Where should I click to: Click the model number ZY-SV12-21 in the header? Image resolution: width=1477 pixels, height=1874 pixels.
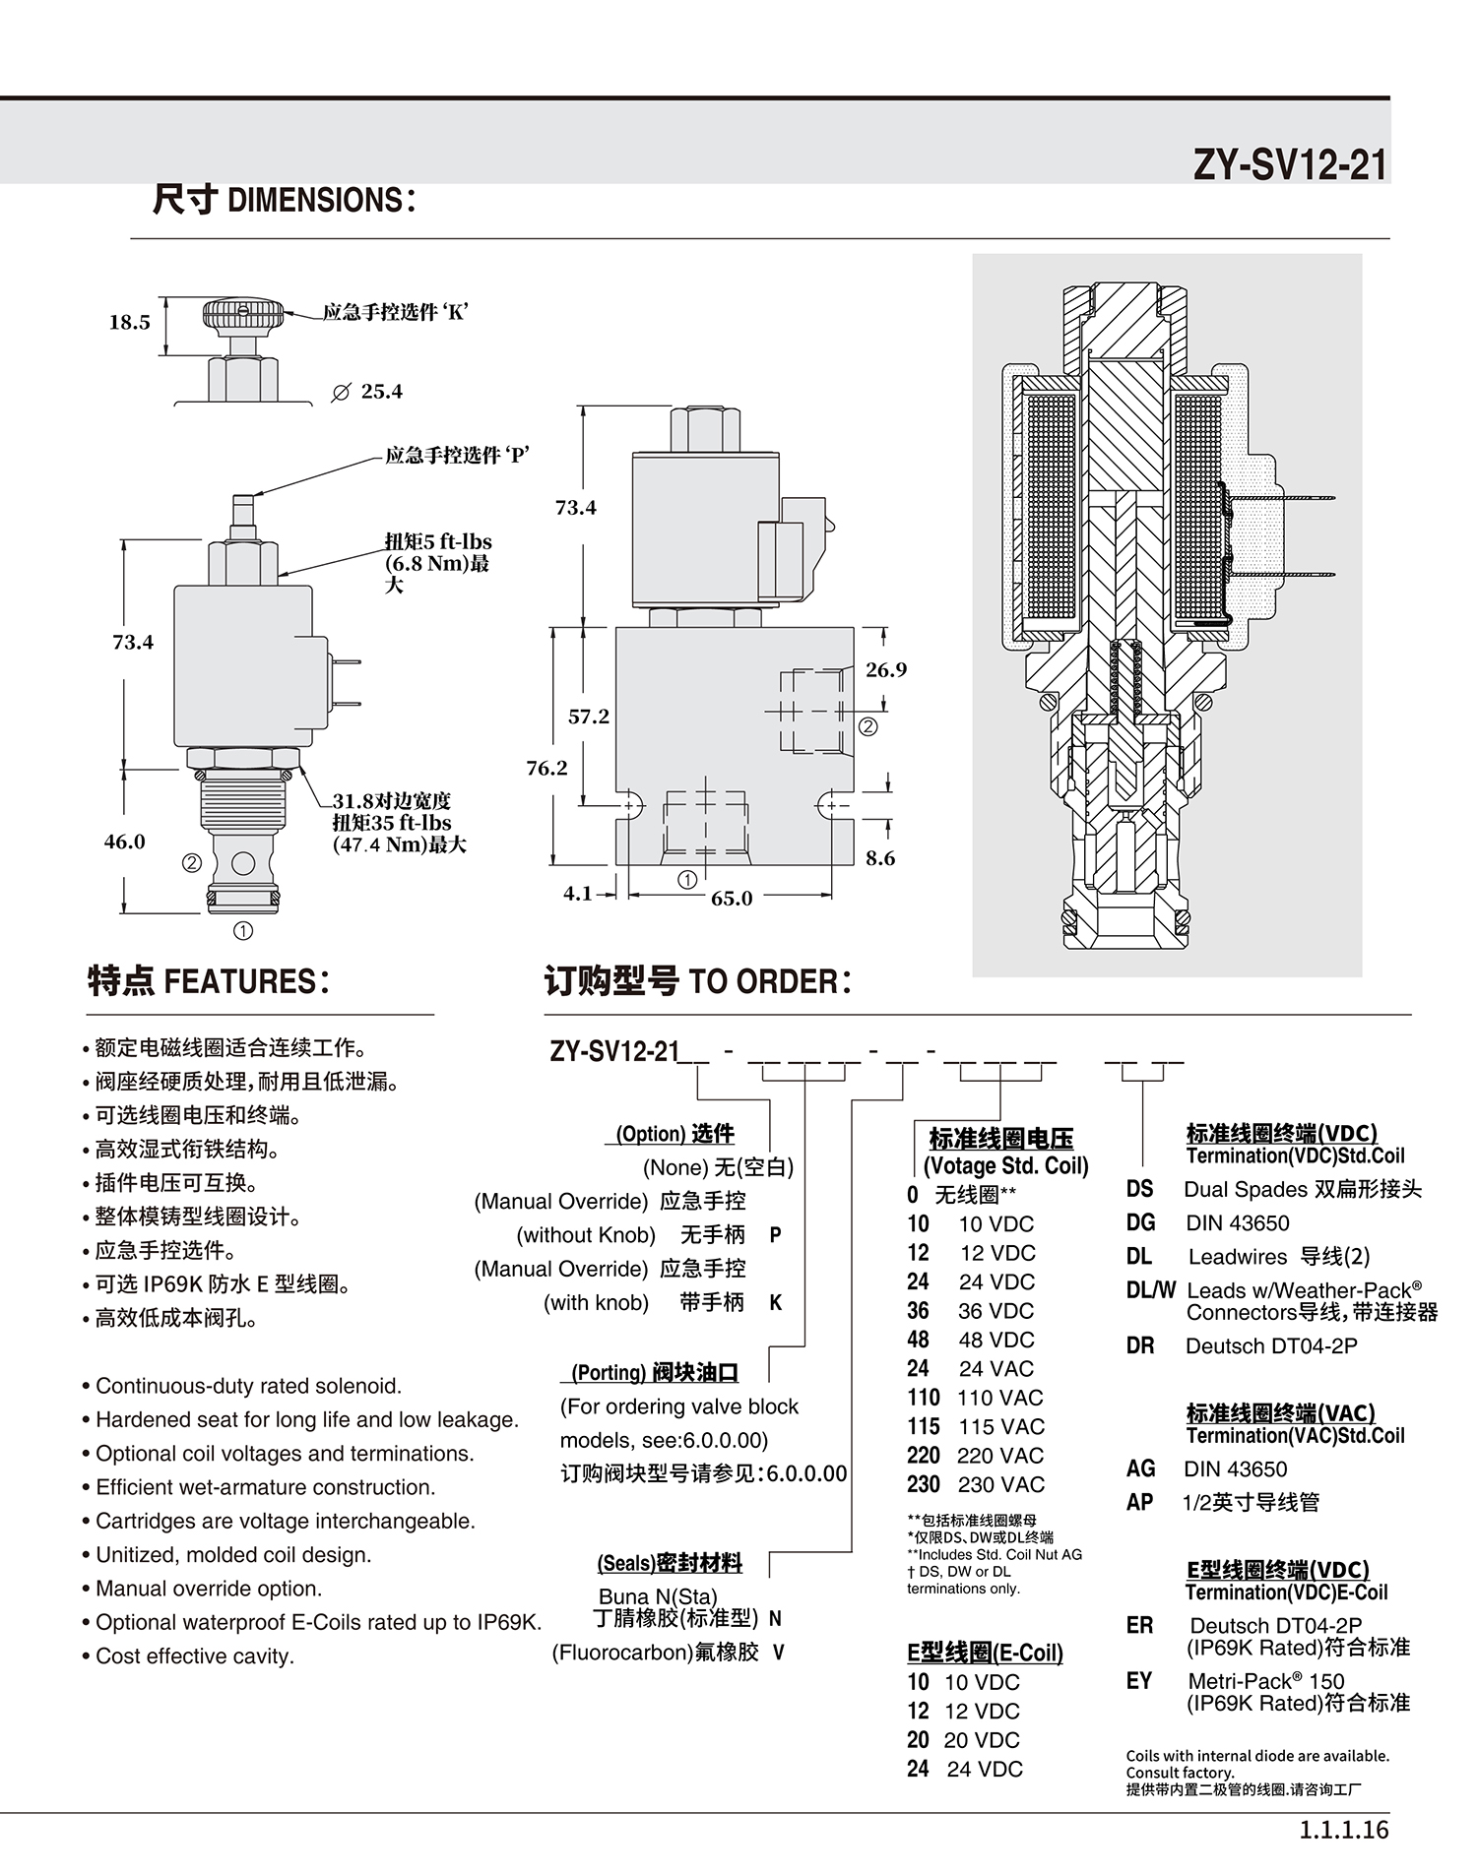click(1290, 164)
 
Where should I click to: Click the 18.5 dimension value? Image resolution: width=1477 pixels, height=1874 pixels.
click(129, 323)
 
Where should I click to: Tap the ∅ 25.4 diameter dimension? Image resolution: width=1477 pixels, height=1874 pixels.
click(367, 392)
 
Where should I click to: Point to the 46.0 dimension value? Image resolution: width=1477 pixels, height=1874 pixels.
click(124, 842)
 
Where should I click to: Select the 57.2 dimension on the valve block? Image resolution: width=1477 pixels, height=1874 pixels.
click(589, 717)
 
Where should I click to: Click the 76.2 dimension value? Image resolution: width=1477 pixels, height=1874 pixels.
click(546, 768)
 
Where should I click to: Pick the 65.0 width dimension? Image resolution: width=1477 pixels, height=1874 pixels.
click(732, 898)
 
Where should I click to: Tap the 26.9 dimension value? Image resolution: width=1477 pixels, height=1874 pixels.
click(886, 670)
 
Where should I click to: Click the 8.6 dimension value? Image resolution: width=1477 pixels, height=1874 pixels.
click(880, 858)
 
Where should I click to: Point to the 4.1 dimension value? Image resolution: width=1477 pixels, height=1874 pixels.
click(577, 893)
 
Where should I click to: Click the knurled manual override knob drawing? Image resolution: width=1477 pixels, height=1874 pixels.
click(243, 316)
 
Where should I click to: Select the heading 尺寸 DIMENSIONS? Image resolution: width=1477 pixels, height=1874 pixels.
click(284, 200)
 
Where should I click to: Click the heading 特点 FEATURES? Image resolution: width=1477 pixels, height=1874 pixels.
click(209, 980)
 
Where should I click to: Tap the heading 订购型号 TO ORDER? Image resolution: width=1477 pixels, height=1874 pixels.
click(697, 981)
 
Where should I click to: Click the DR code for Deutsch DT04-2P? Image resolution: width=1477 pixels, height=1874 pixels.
click(1139, 1345)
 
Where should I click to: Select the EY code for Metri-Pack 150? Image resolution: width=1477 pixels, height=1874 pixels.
click(1138, 1680)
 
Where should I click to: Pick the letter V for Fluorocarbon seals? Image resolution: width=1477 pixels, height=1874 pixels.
click(778, 1652)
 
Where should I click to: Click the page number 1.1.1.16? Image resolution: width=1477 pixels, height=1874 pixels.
click(1343, 1830)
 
